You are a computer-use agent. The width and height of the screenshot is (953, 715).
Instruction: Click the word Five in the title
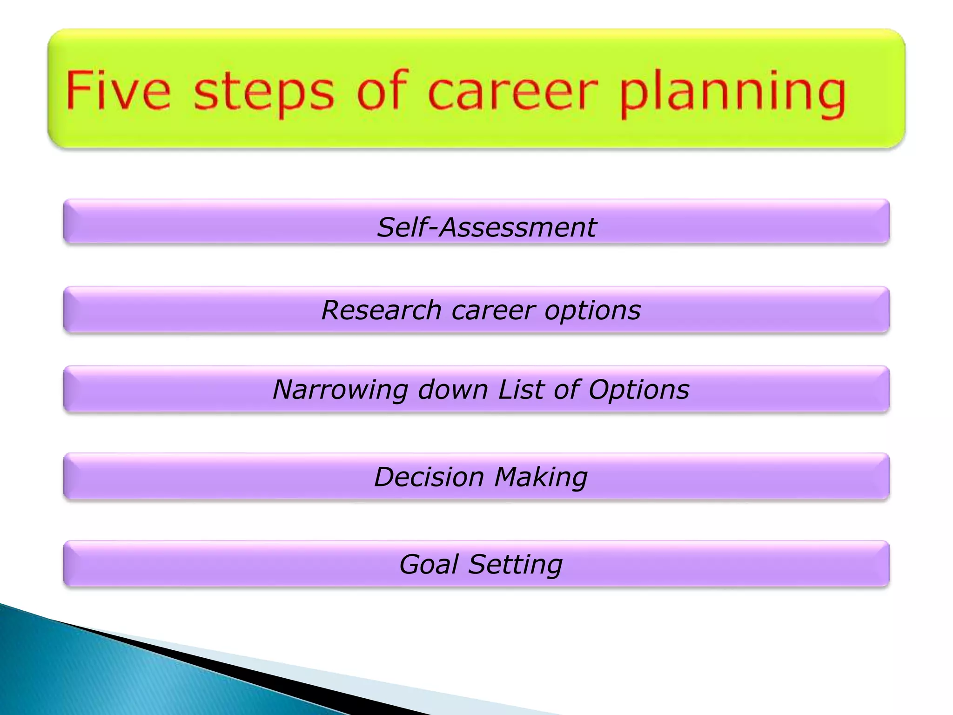coord(118,90)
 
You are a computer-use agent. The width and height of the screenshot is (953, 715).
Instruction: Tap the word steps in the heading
coord(263,92)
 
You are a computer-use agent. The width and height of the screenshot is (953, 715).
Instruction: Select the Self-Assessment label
coord(486,228)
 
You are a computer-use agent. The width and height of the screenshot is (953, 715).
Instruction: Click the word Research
coord(381,310)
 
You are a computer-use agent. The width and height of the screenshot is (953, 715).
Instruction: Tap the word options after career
coord(592,311)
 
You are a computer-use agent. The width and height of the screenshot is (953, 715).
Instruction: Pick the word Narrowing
coord(340,390)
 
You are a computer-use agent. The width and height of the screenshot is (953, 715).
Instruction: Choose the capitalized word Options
coord(638,390)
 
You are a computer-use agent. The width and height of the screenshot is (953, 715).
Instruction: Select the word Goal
coord(429,565)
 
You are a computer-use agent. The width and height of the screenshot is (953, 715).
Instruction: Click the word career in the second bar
coord(493,311)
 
